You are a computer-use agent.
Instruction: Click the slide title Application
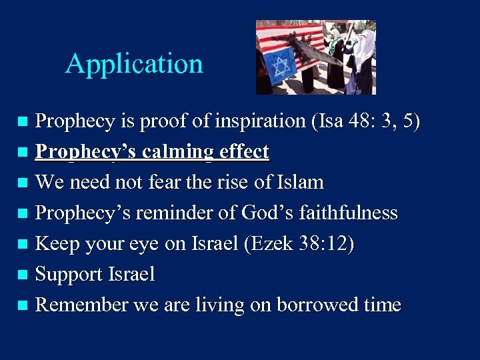134,64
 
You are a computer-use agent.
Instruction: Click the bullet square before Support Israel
22,275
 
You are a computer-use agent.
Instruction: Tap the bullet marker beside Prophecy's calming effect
22,153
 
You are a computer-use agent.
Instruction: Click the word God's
257,213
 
